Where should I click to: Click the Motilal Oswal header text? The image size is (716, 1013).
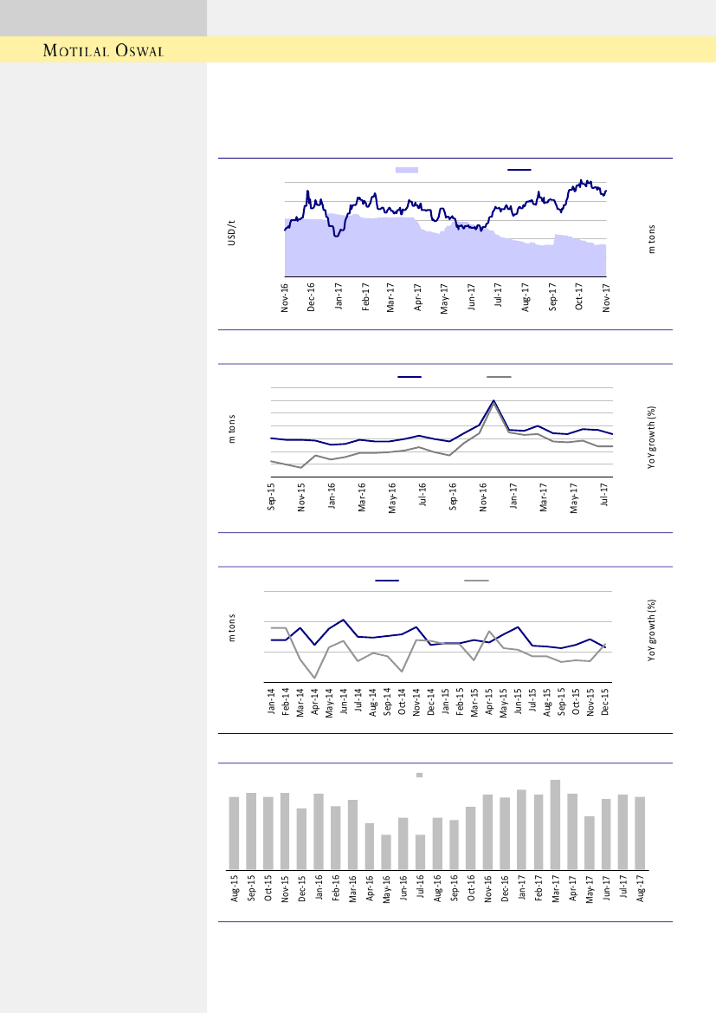tap(103, 50)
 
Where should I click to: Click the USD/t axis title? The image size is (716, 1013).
tap(231, 233)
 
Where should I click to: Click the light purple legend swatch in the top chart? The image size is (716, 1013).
tap(407, 170)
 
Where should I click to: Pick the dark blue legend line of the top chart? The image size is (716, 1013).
tap(519, 170)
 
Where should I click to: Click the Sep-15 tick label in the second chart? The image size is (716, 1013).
tap(271, 498)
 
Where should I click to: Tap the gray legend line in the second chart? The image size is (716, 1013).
tap(499, 377)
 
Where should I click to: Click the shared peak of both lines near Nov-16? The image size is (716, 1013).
tap(493, 401)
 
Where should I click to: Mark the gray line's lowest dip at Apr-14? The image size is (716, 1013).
tap(315, 678)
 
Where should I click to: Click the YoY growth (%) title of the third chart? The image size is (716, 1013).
tap(652, 632)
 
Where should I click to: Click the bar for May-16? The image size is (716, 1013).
tap(386, 851)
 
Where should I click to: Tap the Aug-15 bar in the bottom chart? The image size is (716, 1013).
tap(234, 832)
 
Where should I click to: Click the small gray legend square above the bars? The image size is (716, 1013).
tap(419, 775)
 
